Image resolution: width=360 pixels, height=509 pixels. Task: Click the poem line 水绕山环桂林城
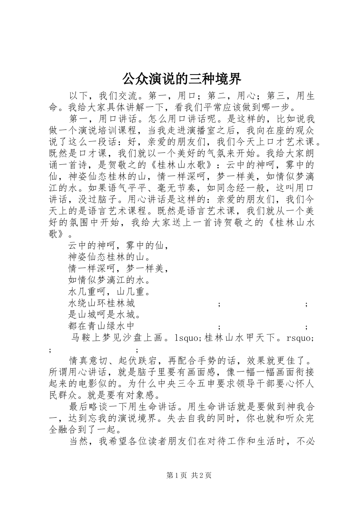pos(102,303)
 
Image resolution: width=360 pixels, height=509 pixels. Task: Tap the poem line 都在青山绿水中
pos(102,326)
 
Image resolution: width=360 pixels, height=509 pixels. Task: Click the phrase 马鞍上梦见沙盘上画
pos(117,338)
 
